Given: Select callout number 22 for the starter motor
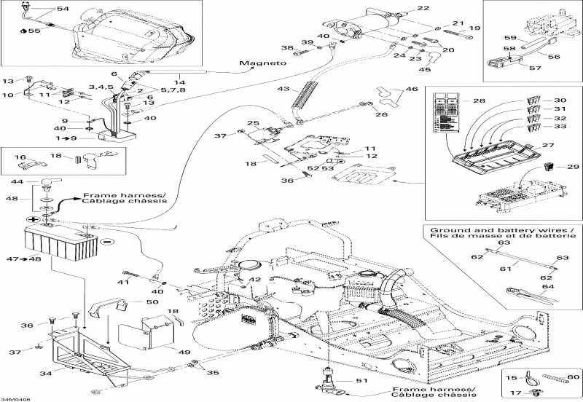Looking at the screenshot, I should [423, 9].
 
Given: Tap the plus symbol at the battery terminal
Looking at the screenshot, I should [33, 218].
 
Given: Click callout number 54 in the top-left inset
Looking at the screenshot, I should [63, 9].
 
